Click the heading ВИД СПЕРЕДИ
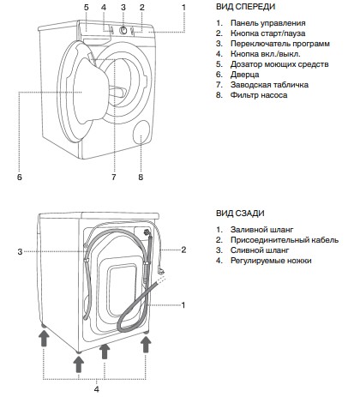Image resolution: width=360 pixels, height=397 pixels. coord(245,7)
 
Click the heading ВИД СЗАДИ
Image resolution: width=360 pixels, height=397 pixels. coord(240,214)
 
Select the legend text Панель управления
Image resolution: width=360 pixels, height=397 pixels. coord(268,23)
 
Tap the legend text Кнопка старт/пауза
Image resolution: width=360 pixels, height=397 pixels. coord(267,33)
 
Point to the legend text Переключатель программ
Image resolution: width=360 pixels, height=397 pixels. coord(280,44)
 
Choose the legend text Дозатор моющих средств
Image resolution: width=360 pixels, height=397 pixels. coord(279,64)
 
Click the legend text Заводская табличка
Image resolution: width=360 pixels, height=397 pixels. coord(269,85)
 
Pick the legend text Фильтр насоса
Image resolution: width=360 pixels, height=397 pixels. coord(259,95)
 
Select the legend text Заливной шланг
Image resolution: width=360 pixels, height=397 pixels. coord(262,230)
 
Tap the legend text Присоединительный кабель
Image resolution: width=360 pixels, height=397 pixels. coord(285,240)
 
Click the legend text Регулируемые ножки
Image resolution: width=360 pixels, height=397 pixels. coord(271,261)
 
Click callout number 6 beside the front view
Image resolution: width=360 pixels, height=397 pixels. coord(19,177)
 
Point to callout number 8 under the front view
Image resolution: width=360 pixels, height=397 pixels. coord(141,177)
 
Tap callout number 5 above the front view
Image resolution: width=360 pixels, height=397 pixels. coord(87,7)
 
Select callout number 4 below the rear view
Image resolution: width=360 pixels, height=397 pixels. coord(97,389)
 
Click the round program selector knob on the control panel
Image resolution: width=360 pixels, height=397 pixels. coord(123,30)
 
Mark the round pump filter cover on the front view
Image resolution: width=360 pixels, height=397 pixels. coord(141,132)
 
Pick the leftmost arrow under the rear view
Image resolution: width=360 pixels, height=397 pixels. coord(44,338)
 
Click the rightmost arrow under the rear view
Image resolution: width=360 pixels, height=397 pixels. coord(146,344)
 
